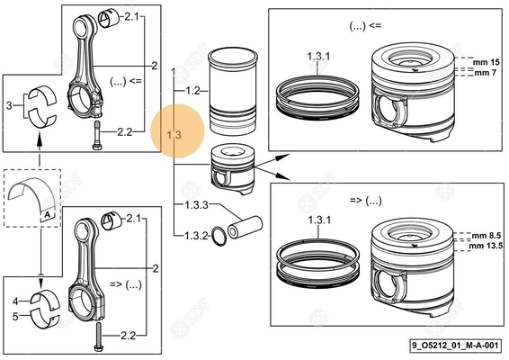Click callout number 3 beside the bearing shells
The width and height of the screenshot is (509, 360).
click(x=9, y=105)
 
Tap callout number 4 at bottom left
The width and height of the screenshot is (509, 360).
click(x=15, y=301)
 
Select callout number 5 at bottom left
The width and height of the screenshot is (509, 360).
click(x=15, y=316)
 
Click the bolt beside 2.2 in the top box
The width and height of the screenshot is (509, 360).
click(x=95, y=137)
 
